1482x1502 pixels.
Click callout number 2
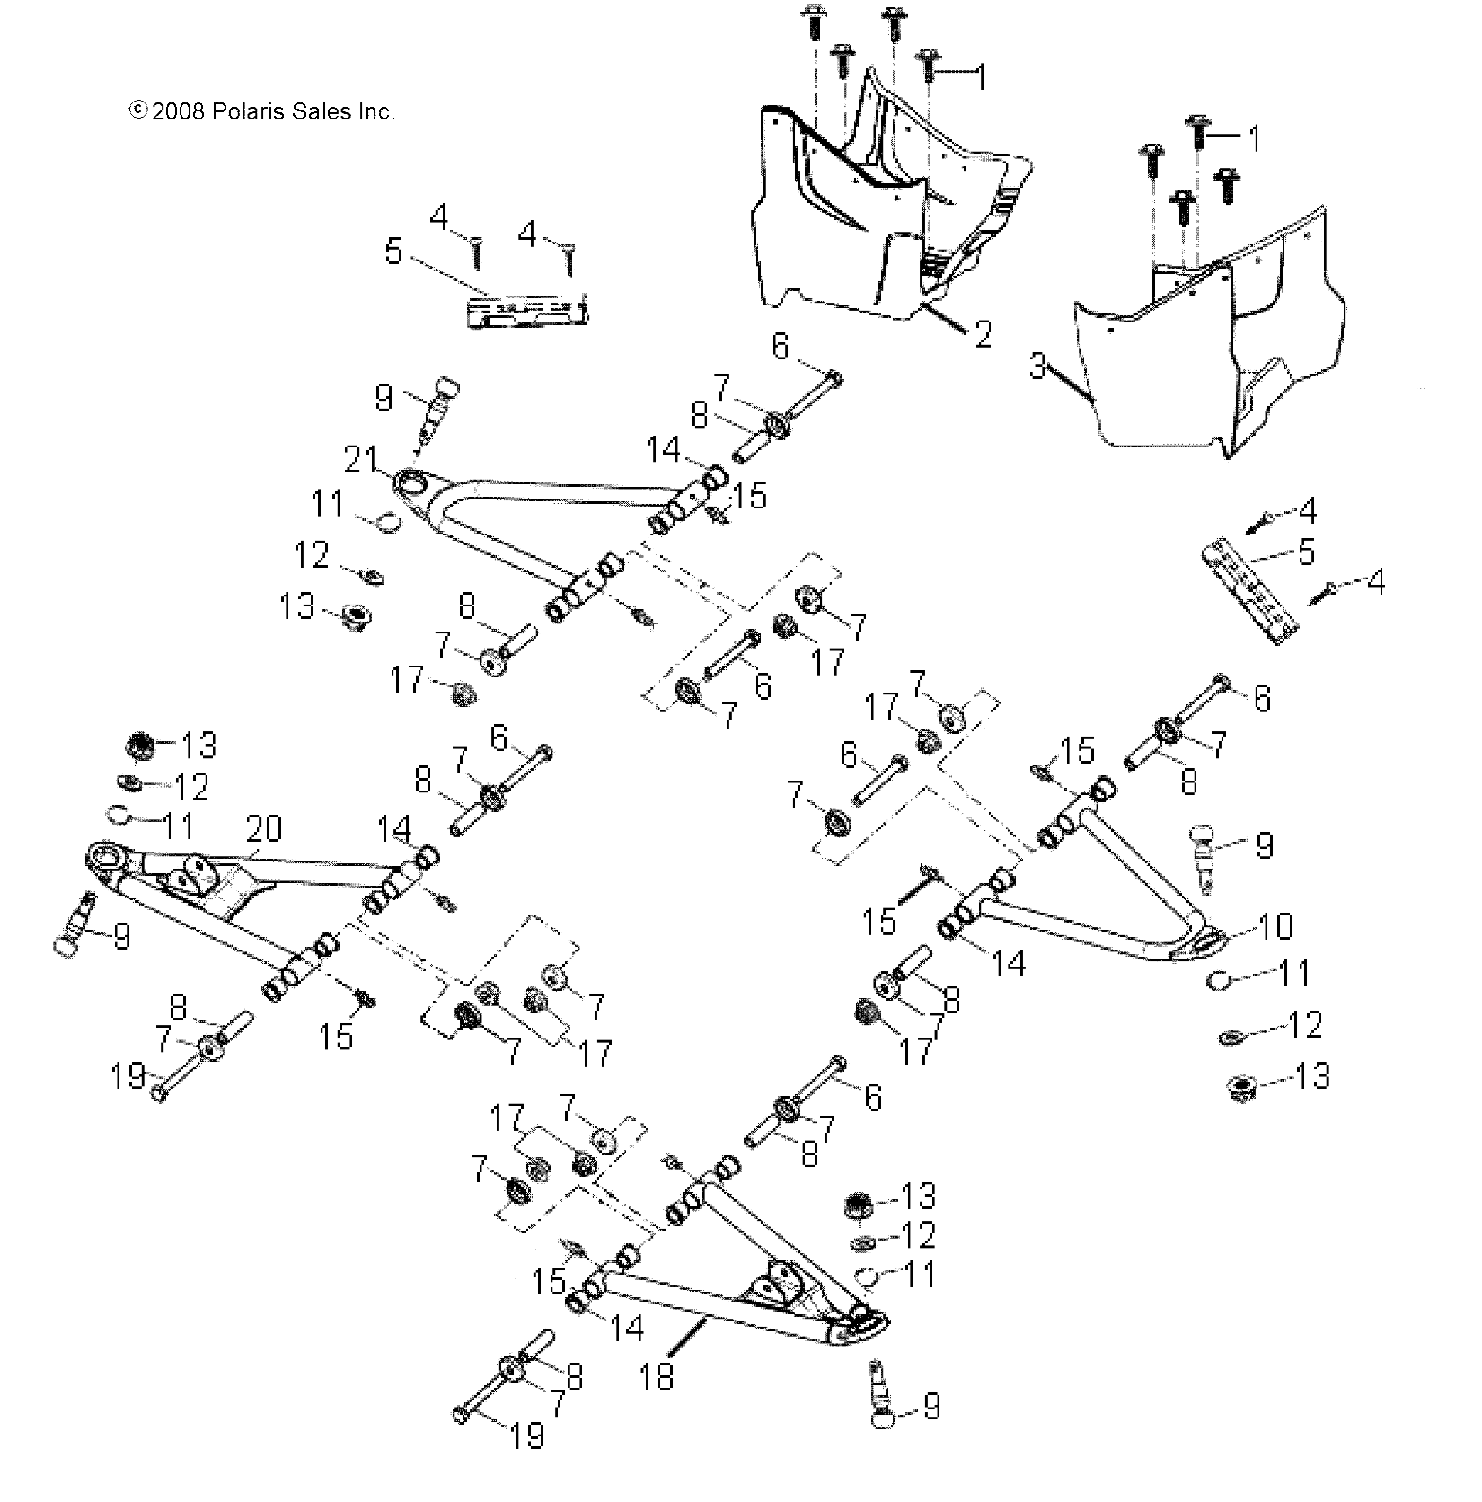pyautogui.click(x=983, y=335)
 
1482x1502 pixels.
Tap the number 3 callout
pyautogui.click(x=1037, y=367)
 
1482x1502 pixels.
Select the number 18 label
pyautogui.click(x=657, y=1377)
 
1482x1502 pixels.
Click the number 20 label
pyautogui.click(x=265, y=827)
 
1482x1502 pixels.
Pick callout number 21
pyautogui.click(x=360, y=462)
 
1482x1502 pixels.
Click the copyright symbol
pyautogui.click(x=138, y=110)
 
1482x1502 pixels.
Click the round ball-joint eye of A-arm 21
pyautogui.click(x=415, y=485)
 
